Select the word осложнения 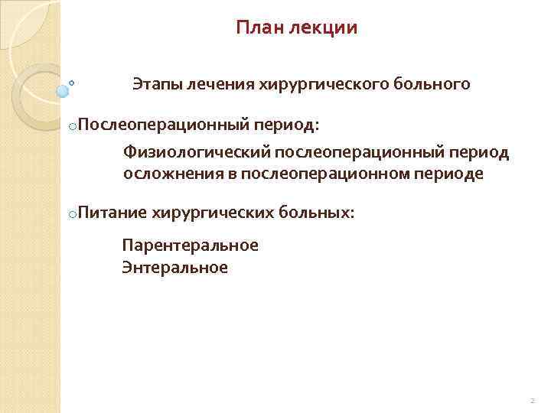[x=171, y=174]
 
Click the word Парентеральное [x=191, y=246]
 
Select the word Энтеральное [x=175, y=268]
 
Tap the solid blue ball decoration [x=63, y=91]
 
